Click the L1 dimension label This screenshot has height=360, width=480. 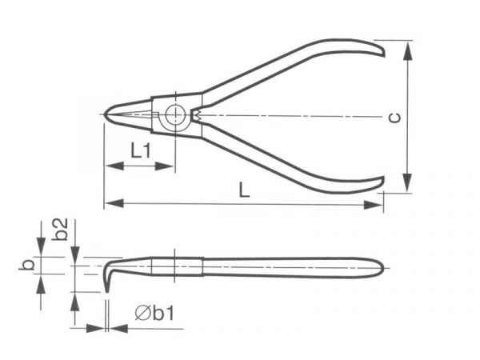click(x=141, y=150)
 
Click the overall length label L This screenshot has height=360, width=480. click(x=244, y=190)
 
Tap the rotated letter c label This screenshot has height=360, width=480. click(x=394, y=118)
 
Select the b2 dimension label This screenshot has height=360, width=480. click(x=60, y=229)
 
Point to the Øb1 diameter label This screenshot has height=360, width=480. click(x=154, y=313)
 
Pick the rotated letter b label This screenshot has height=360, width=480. click(x=27, y=265)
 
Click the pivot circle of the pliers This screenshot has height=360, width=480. click(x=175, y=115)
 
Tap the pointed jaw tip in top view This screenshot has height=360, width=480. click(x=105, y=114)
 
